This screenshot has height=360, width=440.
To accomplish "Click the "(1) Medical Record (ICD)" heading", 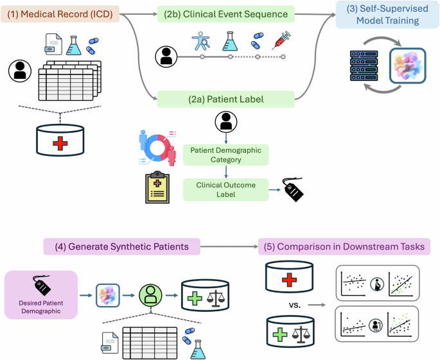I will click(x=59, y=13).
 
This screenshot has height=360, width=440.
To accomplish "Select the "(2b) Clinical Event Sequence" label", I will click(x=226, y=13).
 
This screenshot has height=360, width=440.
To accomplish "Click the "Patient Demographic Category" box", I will click(x=226, y=155).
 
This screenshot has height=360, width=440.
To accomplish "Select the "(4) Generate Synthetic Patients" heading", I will click(x=121, y=246).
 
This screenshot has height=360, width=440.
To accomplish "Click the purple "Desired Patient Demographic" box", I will click(x=40, y=295).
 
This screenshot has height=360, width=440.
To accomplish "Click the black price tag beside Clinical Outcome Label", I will click(x=295, y=190).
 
